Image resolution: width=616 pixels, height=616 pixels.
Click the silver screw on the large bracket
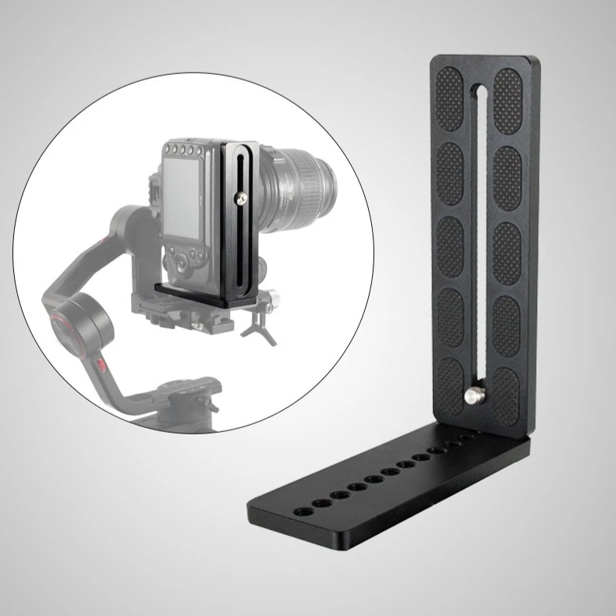pos(473,395)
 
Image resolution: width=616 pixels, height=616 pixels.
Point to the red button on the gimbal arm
pos(100,364)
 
